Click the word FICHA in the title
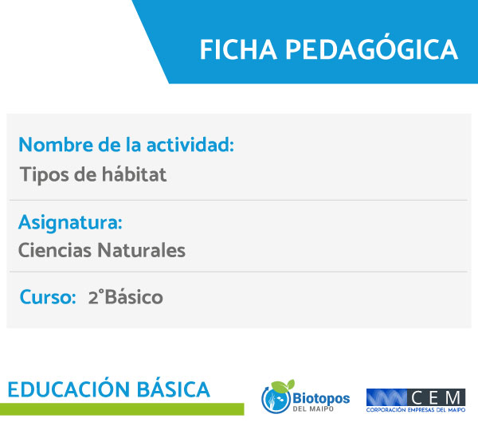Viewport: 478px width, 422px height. pyautogui.click(x=238, y=49)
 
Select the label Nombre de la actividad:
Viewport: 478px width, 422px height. pyautogui.click(x=126, y=144)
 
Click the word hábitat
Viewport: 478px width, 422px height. pyautogui.click(x=134, y=174)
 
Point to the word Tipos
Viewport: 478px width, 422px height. pyautogui.click(x=44, y=175)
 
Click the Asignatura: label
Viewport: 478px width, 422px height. pyautogui.click(x=70, y=222)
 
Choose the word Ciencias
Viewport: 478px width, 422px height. pyautogui.click(x=55, y=250)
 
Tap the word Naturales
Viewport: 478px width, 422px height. pyautogui.click(x=141, y=250)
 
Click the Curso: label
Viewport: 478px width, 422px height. pyautogui.click(x=48, y=297)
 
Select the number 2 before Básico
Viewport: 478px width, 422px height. pyautogui.click(x=93, y=297)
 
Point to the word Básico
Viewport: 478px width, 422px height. pyautogui.click(x=134, y=296)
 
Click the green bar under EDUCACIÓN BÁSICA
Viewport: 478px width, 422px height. pyautogui.click(x=122, y=409)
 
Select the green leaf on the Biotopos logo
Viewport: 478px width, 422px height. pyautogui.click(x=283, y=385)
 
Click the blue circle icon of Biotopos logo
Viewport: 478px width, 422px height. pyautogui.click(x=276, y=399)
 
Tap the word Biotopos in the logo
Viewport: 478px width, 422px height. pyautogui.click(x=321, y=398)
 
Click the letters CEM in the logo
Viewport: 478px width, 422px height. pyautogui.click(x=436, y=397)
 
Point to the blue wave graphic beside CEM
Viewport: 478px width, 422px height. pyautogui.click(x=386, y=397)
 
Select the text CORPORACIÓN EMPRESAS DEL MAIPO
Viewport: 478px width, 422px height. pyautogui.click(x=416, y=410)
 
